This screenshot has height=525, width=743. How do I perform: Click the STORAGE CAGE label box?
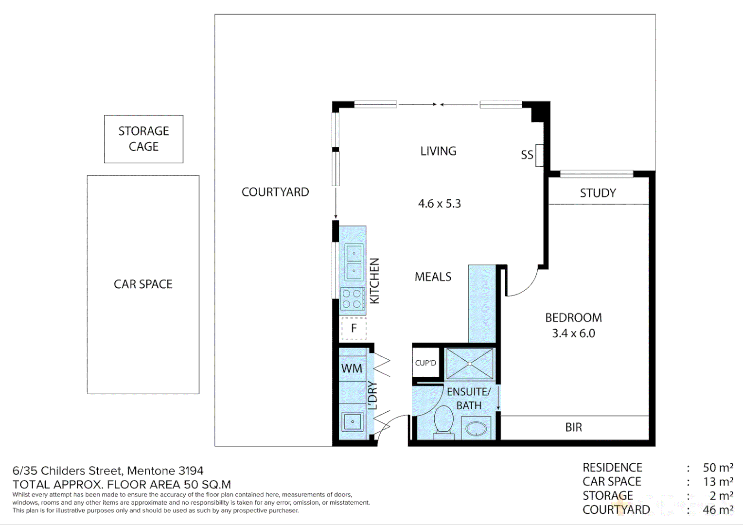tap(143, 139)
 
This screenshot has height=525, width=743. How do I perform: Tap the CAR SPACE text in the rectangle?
tap(143, 284)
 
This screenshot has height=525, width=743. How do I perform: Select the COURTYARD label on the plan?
tap(275, 192)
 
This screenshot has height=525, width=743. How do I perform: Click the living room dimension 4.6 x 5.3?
tap(440, 204)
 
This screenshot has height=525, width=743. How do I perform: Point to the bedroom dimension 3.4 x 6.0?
tap(573, 333)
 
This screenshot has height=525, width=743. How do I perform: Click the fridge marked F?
tap(354, 328)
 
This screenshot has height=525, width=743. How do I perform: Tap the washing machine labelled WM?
tap(352, 368)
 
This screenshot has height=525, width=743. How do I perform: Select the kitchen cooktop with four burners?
tap(352, 299)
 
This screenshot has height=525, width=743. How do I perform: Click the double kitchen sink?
tap(354, 262)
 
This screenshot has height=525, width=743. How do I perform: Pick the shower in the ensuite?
tap(470, 364)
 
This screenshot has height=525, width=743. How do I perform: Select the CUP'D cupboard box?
tap(425, 363)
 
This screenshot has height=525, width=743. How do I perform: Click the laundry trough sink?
tap(352, 421)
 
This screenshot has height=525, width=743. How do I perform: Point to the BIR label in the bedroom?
tap(574, 427)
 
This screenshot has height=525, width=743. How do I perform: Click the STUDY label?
tap(598, 193)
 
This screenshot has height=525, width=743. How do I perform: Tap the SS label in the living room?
tap(527, 155)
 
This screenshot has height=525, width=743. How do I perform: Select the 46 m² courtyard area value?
tap(718, 510)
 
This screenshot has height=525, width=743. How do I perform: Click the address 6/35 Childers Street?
tap(108, 471)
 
